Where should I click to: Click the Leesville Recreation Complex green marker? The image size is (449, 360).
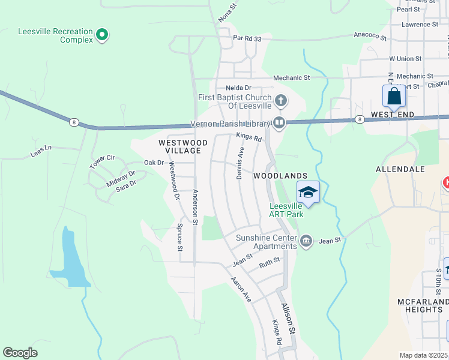pos(102,35)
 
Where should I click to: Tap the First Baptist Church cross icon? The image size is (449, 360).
pos(280,100)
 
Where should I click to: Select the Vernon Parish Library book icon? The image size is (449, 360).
pos(279,123)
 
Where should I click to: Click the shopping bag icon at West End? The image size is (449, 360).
pos(394,95)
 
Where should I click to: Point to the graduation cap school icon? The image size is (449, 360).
pos(307,193)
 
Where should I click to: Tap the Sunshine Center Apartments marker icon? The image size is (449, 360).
pos(306,241)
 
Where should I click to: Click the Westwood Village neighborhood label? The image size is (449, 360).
pos(183,146)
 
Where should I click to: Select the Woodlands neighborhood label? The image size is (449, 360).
pos(280,176)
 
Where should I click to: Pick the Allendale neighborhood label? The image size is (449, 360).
pos(400,170)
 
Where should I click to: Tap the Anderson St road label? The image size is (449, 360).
pos(196,207)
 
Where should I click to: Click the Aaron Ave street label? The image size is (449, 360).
pos(241,289)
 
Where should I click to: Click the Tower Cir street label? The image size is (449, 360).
pos(101,161)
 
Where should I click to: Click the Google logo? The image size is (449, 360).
pos(20,353)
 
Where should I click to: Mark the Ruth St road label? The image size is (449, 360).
pos(270,262)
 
